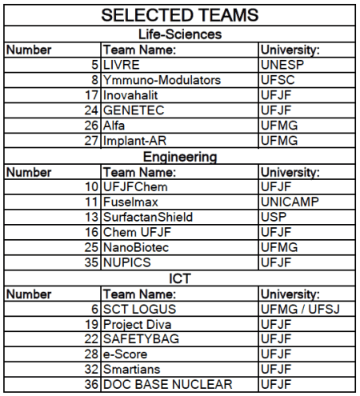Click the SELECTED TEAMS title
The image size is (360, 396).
[180, 15]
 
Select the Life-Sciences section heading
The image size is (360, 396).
[180, 34]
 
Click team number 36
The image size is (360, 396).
[90, 386]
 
